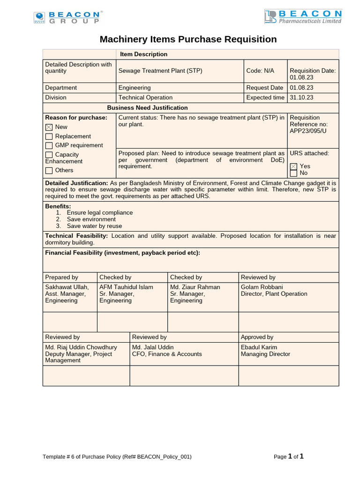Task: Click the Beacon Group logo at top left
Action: (x=67, y=18)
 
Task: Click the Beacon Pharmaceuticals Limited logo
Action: (x=303, y=16)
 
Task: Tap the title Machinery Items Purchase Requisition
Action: (x=188, y=39)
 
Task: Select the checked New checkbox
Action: (x=49, y=127)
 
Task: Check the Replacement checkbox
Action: (x=49, y=136)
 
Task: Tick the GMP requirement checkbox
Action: (x=49, y=145)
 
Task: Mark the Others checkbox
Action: (x=49, y=171)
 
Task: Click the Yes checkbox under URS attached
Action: (x=293, y=166)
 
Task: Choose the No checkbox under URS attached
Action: (x=293, y=173)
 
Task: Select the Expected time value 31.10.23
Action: (x=301, y=97)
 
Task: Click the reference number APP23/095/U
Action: (x=308, y=131)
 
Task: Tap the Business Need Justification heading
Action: (x=147, y=108)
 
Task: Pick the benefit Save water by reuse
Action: (x=94, y=226)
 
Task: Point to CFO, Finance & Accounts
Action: (x=167, y=354)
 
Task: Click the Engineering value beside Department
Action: (x=135, y=88)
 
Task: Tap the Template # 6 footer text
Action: (x=117, y=457)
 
